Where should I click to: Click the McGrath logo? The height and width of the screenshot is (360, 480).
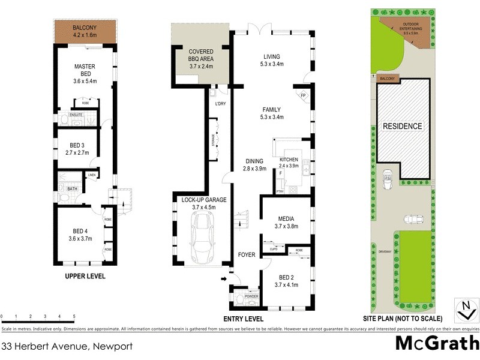pos(436,344)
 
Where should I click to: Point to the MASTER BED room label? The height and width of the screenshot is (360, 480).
pos(85,71)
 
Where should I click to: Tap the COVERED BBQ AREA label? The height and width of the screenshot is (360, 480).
pos(201,55)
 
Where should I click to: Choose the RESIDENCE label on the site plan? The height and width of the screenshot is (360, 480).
pos(403,126)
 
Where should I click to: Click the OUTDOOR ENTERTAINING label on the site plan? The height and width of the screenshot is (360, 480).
pos(408,26)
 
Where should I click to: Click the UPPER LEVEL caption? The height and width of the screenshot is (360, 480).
pos(85,277)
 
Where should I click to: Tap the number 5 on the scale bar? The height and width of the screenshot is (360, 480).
pos(73,316)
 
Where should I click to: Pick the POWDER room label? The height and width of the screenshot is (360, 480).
pos(251,296)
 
